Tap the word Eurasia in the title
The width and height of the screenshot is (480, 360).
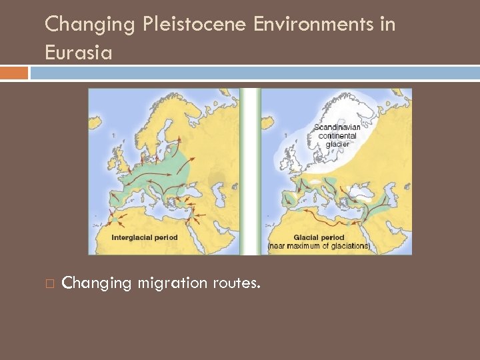tap(78, 52)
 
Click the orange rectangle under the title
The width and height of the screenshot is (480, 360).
tap(14, 73)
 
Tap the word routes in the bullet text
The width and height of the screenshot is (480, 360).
tap(237, 283)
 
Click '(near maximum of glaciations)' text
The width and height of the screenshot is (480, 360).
tap(319, 246)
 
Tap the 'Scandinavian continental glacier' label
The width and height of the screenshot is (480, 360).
tap(337, 135)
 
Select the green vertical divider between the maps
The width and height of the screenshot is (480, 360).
tap(250, 171)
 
